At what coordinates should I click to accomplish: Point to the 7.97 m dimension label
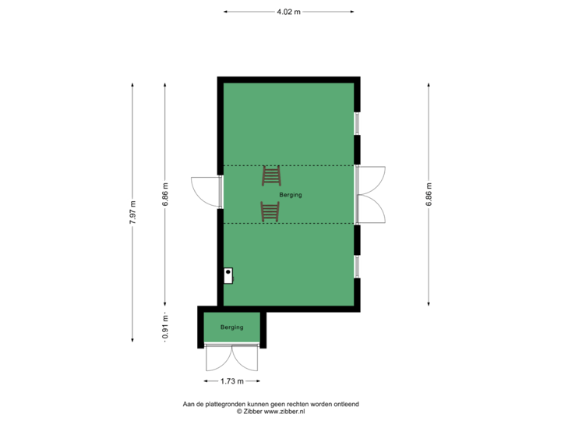132,212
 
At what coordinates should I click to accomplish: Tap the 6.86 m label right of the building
429,194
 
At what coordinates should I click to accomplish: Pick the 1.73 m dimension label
231,381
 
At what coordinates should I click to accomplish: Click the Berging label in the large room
291,195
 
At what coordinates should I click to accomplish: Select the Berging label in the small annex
231,327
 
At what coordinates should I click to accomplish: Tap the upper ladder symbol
271,176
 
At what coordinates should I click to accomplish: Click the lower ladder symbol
270,211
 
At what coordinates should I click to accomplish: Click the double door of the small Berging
231,358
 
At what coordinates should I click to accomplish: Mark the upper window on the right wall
358,123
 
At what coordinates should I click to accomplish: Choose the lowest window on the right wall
358,266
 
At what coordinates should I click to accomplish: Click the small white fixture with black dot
229,275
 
